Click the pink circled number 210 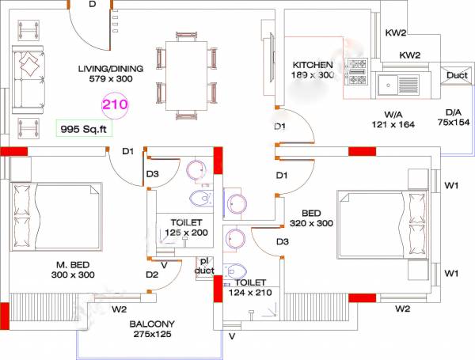click(114, 102)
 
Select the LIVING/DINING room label click(110, 74)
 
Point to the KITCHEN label click(313, 70)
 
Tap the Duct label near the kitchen click(456, 76)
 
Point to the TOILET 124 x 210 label click(251, 287)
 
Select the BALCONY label click(154, 329)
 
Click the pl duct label click(203, 266)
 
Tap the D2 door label click(152, 275)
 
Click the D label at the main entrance click(92, 5)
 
